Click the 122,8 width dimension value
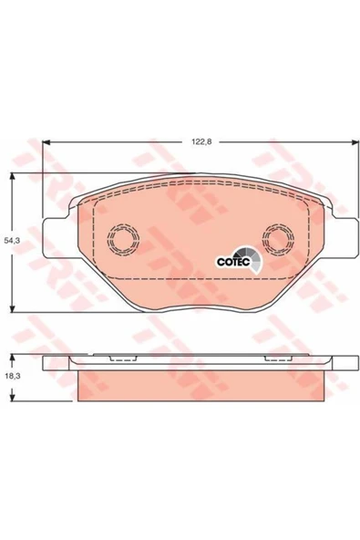[x=201, y=141]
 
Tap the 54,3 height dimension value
[x=13, y=241]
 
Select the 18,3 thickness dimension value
[x=13, y=376]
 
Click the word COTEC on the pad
[x=233, y=262]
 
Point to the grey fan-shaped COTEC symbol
[x=253, y=259]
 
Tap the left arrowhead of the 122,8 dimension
[x=46, y=142]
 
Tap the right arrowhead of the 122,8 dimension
[x=355, y=142]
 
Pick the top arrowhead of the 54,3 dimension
[x=13, y=177]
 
